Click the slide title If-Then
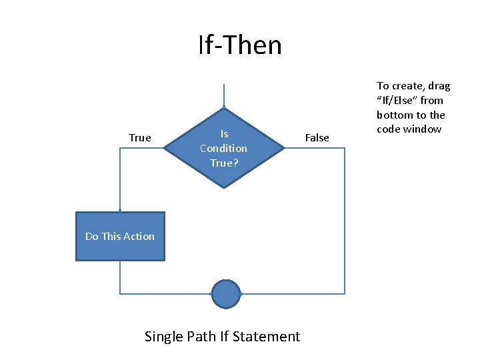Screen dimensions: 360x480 239,45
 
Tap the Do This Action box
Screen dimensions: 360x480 120,236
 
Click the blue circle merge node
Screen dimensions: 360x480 225,293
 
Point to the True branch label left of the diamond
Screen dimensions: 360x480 139,138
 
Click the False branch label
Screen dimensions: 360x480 317,138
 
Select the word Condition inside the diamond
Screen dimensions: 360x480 223,148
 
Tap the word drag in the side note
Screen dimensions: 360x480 439,85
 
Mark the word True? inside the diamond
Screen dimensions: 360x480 223,163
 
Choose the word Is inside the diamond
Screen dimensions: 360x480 224,134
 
